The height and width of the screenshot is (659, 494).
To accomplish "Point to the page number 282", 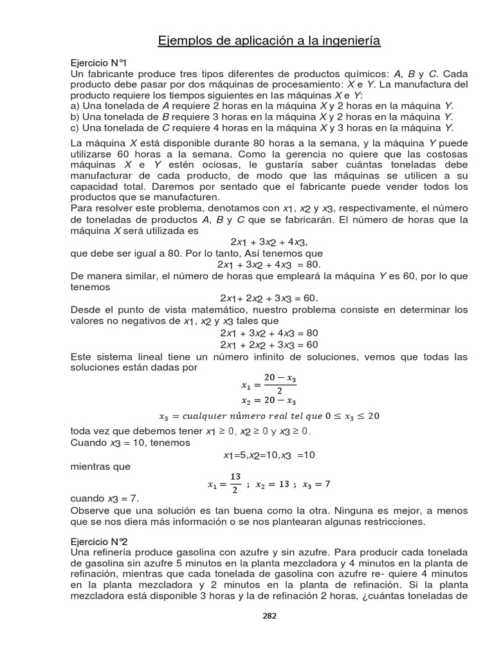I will (270, 616).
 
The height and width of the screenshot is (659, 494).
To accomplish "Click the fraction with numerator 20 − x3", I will (279, 385).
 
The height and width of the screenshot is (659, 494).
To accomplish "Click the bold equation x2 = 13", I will (270, 484).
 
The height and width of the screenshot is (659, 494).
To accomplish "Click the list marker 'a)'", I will (75, 106).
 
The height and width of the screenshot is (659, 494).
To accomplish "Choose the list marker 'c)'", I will (75, 127).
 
